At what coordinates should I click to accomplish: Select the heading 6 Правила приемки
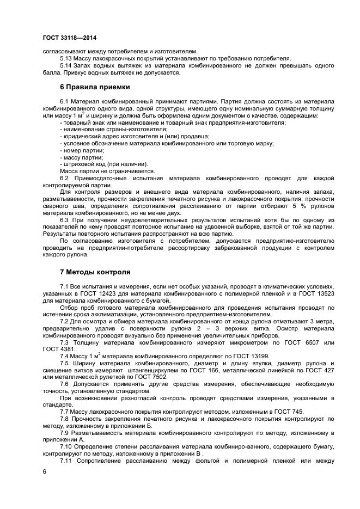[94, 87]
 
